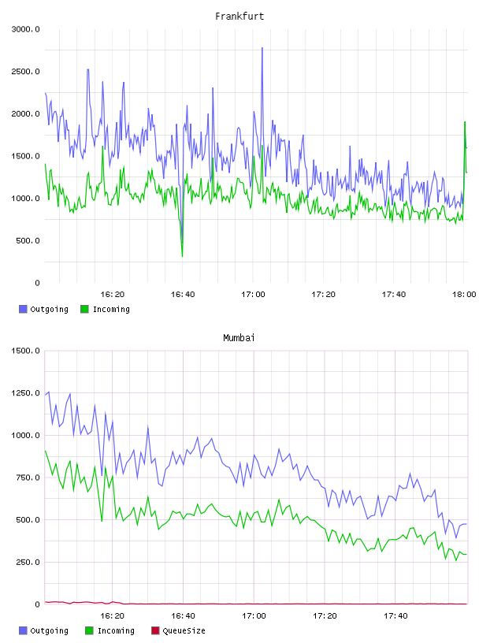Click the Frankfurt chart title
(239, 17)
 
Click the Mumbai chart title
(239, 338)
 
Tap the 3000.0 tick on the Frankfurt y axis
(26, 29)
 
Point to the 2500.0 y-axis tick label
(26, 72)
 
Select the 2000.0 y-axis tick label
(26, 113)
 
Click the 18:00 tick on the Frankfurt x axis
(464, 295)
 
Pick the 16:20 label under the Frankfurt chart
(113, 295)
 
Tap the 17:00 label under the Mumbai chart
(254, 616)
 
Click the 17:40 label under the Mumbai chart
(395, 616)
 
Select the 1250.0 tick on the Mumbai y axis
(26, 393)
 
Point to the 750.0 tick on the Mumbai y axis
(28, 478)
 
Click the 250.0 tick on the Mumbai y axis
(28, 562)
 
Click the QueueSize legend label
(184, 630)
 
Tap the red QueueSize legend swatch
(155, 630)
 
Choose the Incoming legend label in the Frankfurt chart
(111, 309)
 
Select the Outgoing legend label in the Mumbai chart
(49, 630)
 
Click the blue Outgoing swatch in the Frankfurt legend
(23, 309)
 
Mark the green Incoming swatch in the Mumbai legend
(89, 630)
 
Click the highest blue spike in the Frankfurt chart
(262, 48)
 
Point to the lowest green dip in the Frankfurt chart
(182, 256)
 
